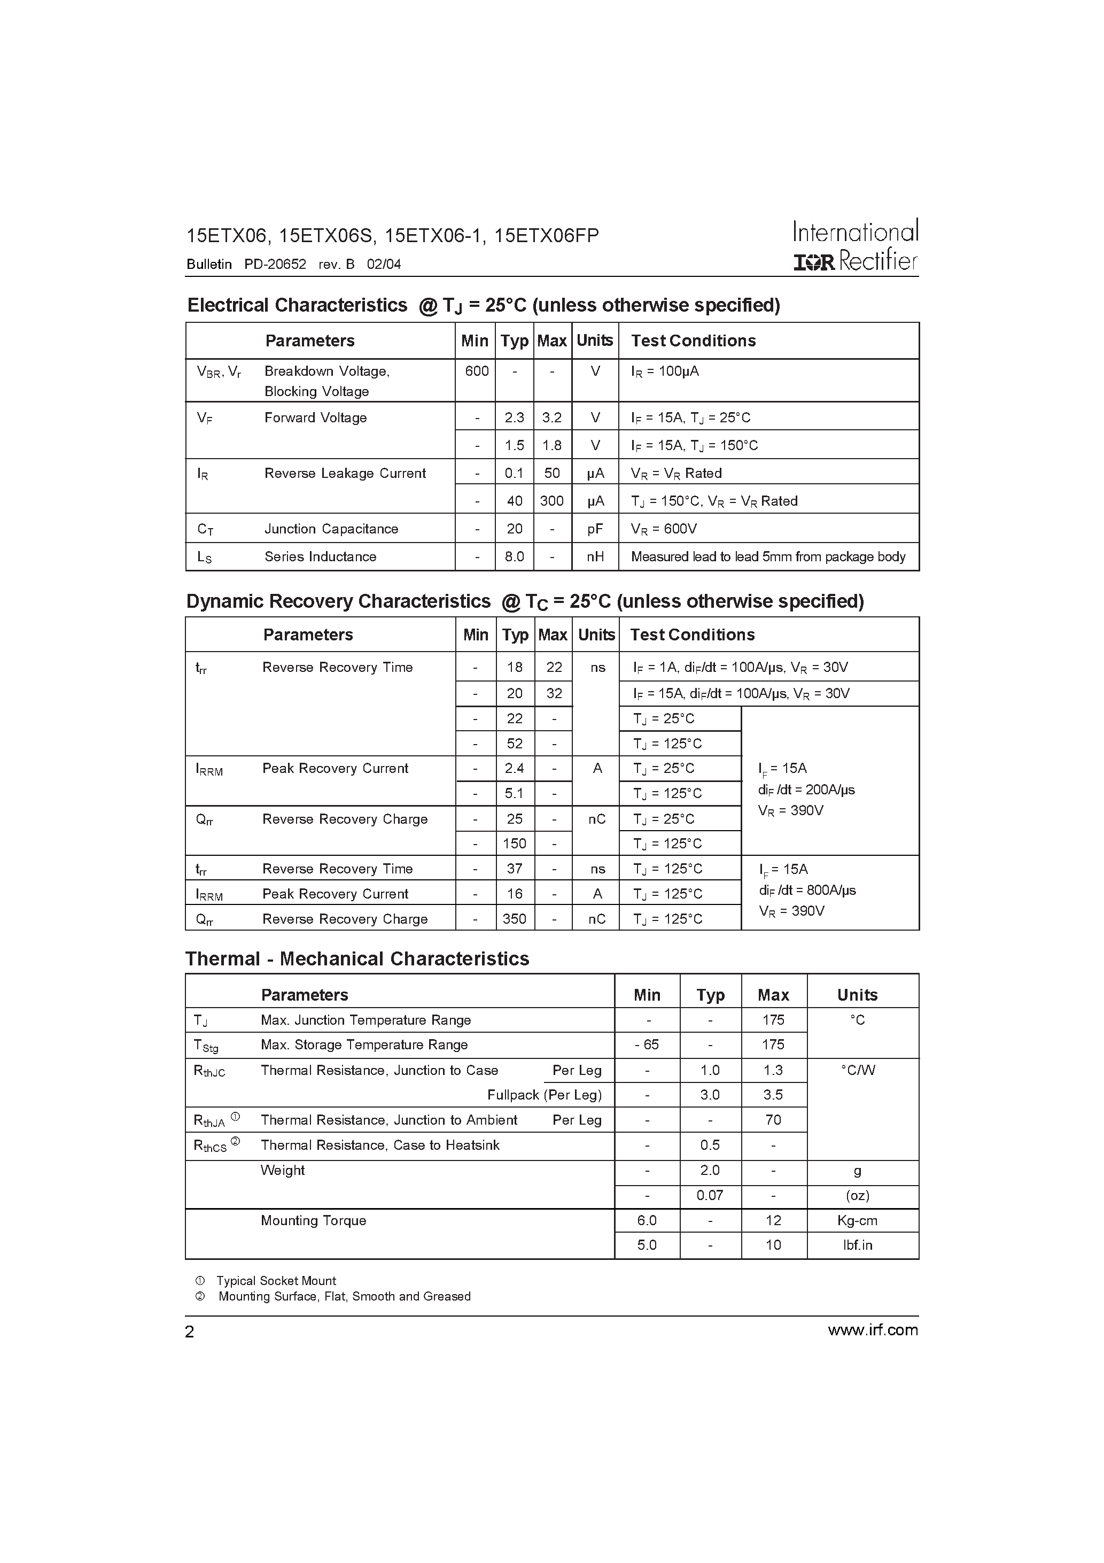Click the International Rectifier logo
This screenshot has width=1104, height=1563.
[856, 246]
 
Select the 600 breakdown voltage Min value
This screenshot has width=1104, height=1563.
[477, 371]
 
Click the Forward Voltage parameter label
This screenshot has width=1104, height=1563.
[315, 418]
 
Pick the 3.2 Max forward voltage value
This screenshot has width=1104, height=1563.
[551, 418]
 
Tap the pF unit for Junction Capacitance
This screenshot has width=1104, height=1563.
[595, 529]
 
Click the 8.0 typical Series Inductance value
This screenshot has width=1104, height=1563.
[514, 557]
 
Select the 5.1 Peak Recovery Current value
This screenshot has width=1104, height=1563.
[514, 794]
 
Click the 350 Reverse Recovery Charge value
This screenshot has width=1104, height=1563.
[514, 919]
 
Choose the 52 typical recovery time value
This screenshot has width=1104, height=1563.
[514, 744]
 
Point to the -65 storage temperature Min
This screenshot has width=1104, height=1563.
[647, 1044]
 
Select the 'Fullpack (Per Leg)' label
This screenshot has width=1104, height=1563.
[544, 1095]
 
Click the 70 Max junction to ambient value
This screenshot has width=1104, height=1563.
[773, 1120]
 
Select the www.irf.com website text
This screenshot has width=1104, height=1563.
[873, 1330]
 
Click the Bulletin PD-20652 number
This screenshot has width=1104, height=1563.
[275, 264]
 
